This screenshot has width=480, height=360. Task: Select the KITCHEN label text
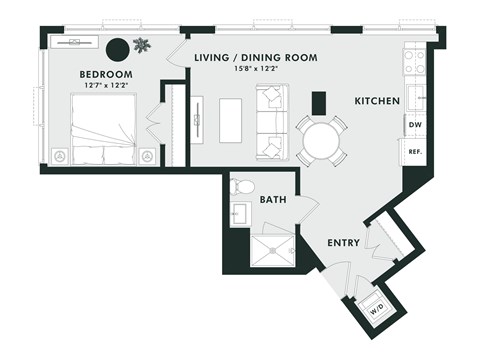[x=377, y=102]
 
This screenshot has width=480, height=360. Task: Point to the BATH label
[x=274, y=200]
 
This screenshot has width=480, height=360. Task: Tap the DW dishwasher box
[x=414, y=124]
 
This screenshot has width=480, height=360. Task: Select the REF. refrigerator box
[x=414, y=151]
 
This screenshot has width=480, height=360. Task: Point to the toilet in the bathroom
[x=243, y=186]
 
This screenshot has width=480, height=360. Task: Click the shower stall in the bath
[x=273, y=251]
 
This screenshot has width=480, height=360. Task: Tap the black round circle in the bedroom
[x=118, y=47]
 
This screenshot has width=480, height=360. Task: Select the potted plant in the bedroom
[x=143, y=45]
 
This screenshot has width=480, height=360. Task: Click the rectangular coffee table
[x=232, y=121]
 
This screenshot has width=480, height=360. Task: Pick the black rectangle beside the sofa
[x=319, y=102]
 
